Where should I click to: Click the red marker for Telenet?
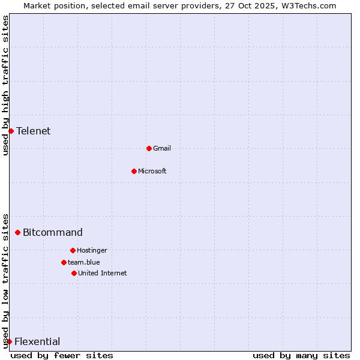[11, 131]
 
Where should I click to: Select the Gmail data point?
[149, 148]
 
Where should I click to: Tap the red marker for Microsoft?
[134, 171]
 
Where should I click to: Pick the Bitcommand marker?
[17, 232]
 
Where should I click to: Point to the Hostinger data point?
[73, 250]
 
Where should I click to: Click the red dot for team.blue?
[64, 262]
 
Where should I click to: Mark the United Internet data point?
[74, 273]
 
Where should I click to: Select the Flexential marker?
[9, 341]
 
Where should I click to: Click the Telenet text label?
[34, 131]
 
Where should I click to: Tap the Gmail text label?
[162, 148]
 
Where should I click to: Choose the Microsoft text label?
[152, 171]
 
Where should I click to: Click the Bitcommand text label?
[53, 232]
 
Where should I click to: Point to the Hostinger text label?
[92, 250]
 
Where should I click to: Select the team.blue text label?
[84, 262]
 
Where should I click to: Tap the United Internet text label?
[103, 273]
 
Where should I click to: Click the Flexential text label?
[37, 341]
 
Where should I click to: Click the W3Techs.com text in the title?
[309, 5]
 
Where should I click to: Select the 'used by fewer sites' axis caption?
[62, 355]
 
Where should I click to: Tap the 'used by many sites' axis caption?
[301, 355]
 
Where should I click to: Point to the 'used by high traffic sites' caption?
[5, 86]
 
